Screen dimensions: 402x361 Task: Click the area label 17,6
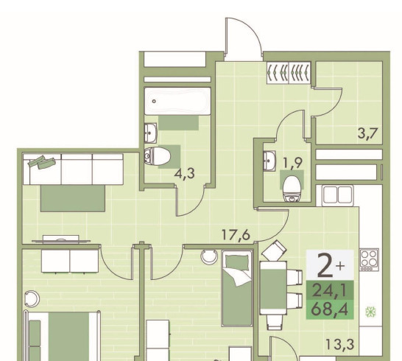[x=236, y=235]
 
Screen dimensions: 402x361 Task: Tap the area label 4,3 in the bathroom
[x=184, y=174]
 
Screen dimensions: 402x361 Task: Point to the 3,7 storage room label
[x=368, y=133]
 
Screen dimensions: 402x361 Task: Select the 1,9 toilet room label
[x=292, y=163]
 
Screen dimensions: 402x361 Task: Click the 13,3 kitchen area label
[x=340, y=344]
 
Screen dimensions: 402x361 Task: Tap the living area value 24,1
[x=330, y=291]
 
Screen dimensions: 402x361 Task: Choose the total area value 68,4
[x=330, y=309]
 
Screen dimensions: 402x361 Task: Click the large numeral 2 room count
[x=325, y=265]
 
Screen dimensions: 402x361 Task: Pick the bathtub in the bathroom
[x=177, y=101]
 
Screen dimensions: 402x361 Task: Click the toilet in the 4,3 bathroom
[x=157, y=156]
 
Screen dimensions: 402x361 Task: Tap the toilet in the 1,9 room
[x=292, y=189]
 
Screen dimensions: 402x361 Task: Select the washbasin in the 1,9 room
[x=269, y=161]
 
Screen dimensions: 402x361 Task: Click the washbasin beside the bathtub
[x=150, y=133]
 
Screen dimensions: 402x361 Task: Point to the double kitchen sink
[x=337, y=195]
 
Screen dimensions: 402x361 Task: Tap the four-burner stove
[x=369, y=259]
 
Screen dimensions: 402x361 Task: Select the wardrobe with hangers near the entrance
[x=289, y=73]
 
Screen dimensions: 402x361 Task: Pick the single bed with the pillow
[x=237, y=288]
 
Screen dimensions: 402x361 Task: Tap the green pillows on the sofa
[x=42, y=161]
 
